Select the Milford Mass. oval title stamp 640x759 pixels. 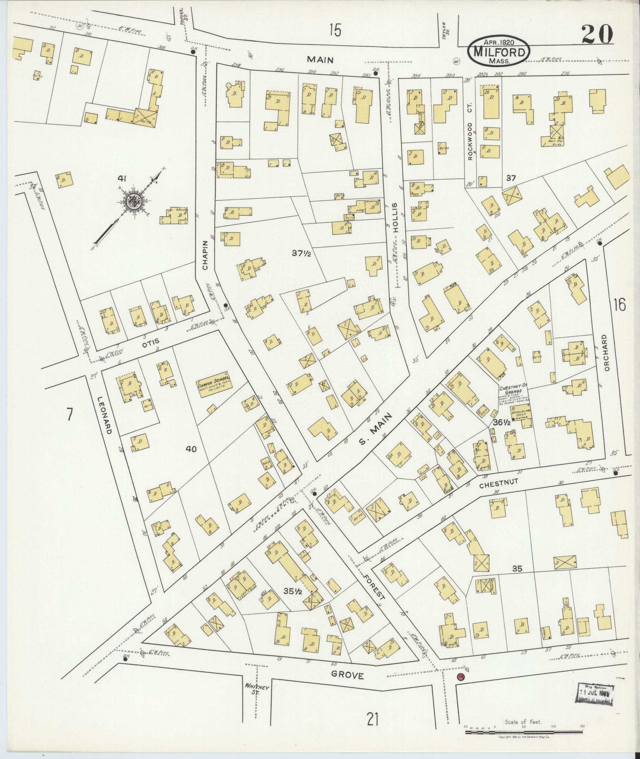[x=499, y=52]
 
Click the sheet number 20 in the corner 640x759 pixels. [x=598, y=34]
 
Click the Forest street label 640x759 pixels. [x=375, y=586]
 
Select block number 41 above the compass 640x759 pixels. [x=121, y=179]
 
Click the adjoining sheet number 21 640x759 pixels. [x=373, y=719]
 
